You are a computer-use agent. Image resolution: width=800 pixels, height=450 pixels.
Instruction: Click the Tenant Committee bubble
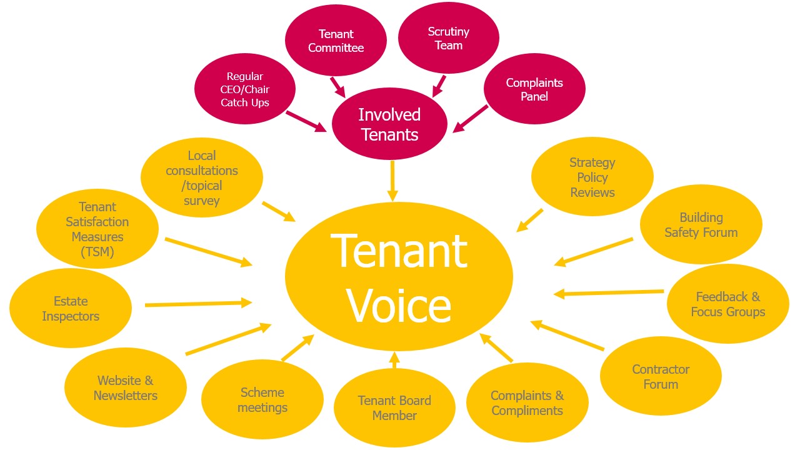(x=336, y=41)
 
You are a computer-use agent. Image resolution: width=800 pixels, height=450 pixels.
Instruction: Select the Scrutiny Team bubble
(x=448, y=39)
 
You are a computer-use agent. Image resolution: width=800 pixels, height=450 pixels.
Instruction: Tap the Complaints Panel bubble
(x=534, y=89)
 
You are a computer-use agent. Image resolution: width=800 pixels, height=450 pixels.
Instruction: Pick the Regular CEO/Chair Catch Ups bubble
(x=245, y=89)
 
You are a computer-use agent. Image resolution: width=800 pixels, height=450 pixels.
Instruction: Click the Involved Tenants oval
(x=389, y=124)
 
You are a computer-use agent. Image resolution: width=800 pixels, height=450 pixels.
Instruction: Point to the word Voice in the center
(x=399, y=306)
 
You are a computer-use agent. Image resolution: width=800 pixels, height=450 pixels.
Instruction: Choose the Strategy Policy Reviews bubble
(x=592, y=177)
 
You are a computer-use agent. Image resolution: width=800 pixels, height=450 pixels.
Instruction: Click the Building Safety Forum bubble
(x=701, y=225)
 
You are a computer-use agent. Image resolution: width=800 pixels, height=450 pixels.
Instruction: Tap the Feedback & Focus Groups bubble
(x=727, y=304)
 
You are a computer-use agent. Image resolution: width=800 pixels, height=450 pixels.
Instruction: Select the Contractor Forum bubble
(x=661, y=377)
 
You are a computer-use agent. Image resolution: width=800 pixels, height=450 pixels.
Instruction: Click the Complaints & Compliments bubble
(x=527, y=403)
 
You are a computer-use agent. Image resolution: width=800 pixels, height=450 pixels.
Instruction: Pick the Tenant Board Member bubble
(x=394, y=408)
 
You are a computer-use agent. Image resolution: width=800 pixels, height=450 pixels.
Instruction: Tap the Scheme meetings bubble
(x=262, y=400)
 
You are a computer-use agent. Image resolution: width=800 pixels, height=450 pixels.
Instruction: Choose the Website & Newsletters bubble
(x=125, y=388)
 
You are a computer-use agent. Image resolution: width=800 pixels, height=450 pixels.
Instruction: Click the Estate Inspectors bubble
(x=71, y=309)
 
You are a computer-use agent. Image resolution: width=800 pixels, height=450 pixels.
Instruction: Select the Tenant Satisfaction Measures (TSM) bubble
(x=97, y=229)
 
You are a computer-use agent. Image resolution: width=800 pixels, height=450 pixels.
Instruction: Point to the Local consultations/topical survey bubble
(x=201, y=178)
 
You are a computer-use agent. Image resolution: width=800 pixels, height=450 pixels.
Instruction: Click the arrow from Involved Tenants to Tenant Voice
(x=392, y=181)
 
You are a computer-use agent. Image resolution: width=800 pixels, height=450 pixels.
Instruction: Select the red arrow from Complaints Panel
(x=471, y=119)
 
